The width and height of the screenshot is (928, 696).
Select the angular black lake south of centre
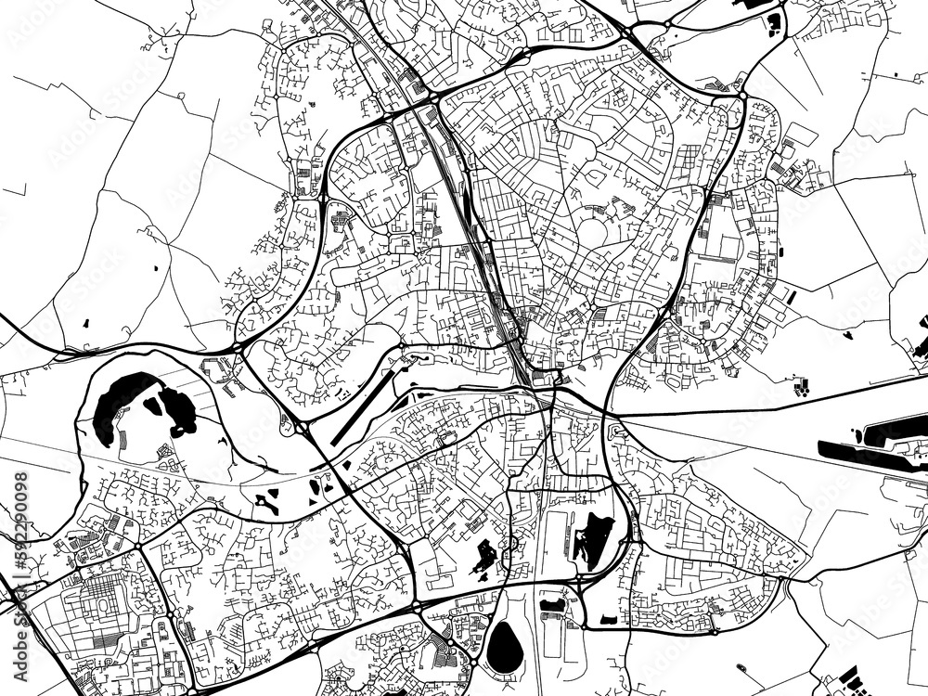tap(591, 538)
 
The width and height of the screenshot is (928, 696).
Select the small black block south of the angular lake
tap(608, 619)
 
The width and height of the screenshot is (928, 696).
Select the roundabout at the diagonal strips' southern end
tap(303, 427)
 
